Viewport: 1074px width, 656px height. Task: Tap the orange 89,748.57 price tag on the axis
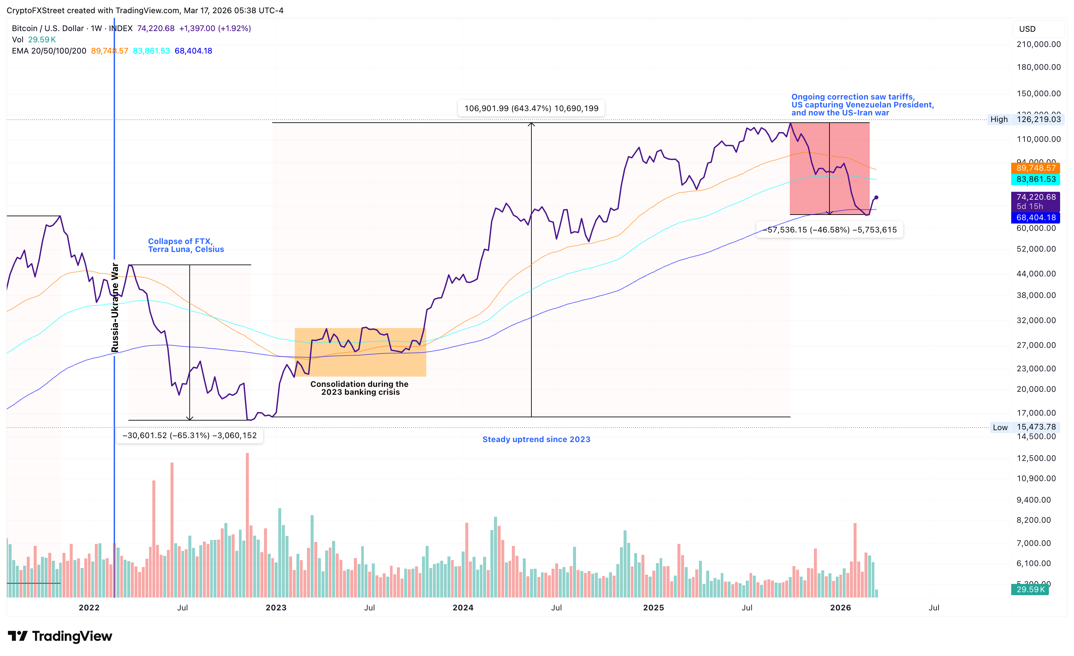(1036, 168)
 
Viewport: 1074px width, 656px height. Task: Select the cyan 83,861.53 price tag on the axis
(1036, 179)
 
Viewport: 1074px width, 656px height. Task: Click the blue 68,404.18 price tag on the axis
(1036, 217)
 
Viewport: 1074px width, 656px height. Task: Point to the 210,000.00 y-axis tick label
(1038, 44)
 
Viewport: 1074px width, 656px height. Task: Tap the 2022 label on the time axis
(89, 608)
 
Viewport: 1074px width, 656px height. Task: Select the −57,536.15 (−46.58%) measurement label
(829, 229)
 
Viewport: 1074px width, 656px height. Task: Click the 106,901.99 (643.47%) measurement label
(531, 108)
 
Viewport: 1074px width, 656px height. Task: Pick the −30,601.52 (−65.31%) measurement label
(190, 435)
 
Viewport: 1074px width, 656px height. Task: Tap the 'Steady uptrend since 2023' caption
(536, 439)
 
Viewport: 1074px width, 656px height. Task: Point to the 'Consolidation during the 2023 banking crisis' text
(360, 388)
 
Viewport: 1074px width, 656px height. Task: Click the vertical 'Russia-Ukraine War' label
(115, 307)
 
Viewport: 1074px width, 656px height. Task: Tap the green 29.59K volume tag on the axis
(1030, 589)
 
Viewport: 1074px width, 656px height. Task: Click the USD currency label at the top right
(1027, 29)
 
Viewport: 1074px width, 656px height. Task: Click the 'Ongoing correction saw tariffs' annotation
(862, 105)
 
